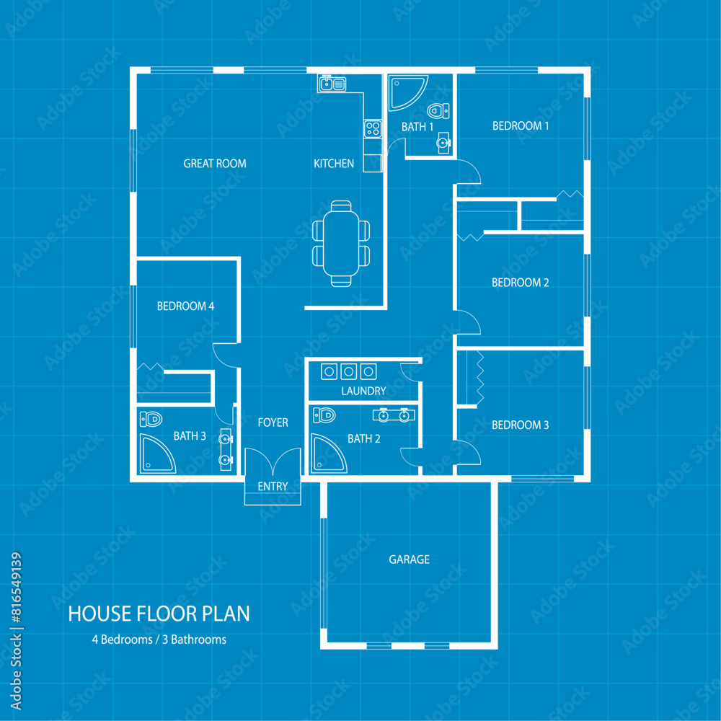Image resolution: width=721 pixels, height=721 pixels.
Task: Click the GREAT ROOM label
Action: [215, 164]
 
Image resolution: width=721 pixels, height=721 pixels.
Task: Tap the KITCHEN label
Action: [334, 164]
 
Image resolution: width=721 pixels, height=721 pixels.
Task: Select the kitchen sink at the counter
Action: [332, 84]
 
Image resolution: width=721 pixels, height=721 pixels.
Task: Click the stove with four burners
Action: [372, 129]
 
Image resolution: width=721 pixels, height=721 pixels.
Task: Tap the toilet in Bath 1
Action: [438, 111]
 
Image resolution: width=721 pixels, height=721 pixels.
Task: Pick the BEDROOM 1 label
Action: [521, 126]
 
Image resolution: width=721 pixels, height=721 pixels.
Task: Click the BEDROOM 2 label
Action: [520, 283]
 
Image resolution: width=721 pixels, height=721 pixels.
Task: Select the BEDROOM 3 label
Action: [520, 425]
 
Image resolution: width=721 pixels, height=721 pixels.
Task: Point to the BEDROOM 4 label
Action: [185, 306]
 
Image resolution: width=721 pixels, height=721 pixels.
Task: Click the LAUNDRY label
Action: [363, 392]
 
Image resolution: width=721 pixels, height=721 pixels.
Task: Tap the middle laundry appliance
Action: [349, 371]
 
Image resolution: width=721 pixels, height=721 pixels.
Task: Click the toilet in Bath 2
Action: [325, 415]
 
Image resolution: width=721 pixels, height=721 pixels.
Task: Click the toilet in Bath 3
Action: [151, 418]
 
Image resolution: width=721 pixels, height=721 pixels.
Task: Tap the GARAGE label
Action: [409, 559]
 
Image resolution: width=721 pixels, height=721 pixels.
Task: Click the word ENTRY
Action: [273, 487]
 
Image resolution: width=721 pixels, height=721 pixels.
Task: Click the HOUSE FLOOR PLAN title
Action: [159, 614]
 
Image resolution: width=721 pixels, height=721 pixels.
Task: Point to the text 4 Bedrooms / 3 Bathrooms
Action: [159, 640]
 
